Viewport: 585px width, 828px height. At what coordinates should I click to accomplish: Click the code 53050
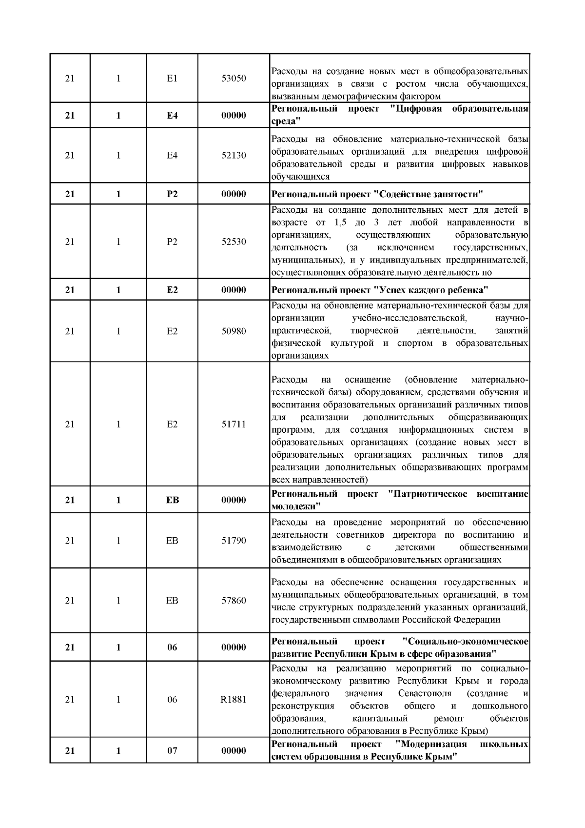(x=234, y=79)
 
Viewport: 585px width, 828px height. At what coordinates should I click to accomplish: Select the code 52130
(x=234, y=155)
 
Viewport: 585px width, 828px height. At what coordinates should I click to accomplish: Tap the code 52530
(x=234, y=242)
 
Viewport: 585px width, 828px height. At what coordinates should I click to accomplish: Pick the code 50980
(x=234, y=331)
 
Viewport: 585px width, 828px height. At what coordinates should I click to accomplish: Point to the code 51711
(x=234, y=424)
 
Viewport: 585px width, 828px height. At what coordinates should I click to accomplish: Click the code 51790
(x=234, y=541)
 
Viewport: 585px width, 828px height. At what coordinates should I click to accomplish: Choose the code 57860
(x=234, y=601)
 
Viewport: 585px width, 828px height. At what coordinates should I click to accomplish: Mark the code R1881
(x=234, y=699)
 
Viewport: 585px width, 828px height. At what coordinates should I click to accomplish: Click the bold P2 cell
(x=172, y=194)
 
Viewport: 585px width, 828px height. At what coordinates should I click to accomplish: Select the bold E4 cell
(x=172, y=116)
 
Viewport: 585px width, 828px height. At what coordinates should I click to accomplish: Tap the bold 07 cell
(x=172, y=750)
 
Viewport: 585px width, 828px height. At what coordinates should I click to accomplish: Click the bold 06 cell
(x=172, y=647)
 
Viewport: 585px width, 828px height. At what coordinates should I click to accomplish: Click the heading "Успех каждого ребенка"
(x=431, y=290)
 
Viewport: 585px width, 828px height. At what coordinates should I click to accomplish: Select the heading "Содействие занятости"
(x=429, y=194)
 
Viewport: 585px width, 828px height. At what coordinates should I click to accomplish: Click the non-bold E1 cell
(x=172, y=79)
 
